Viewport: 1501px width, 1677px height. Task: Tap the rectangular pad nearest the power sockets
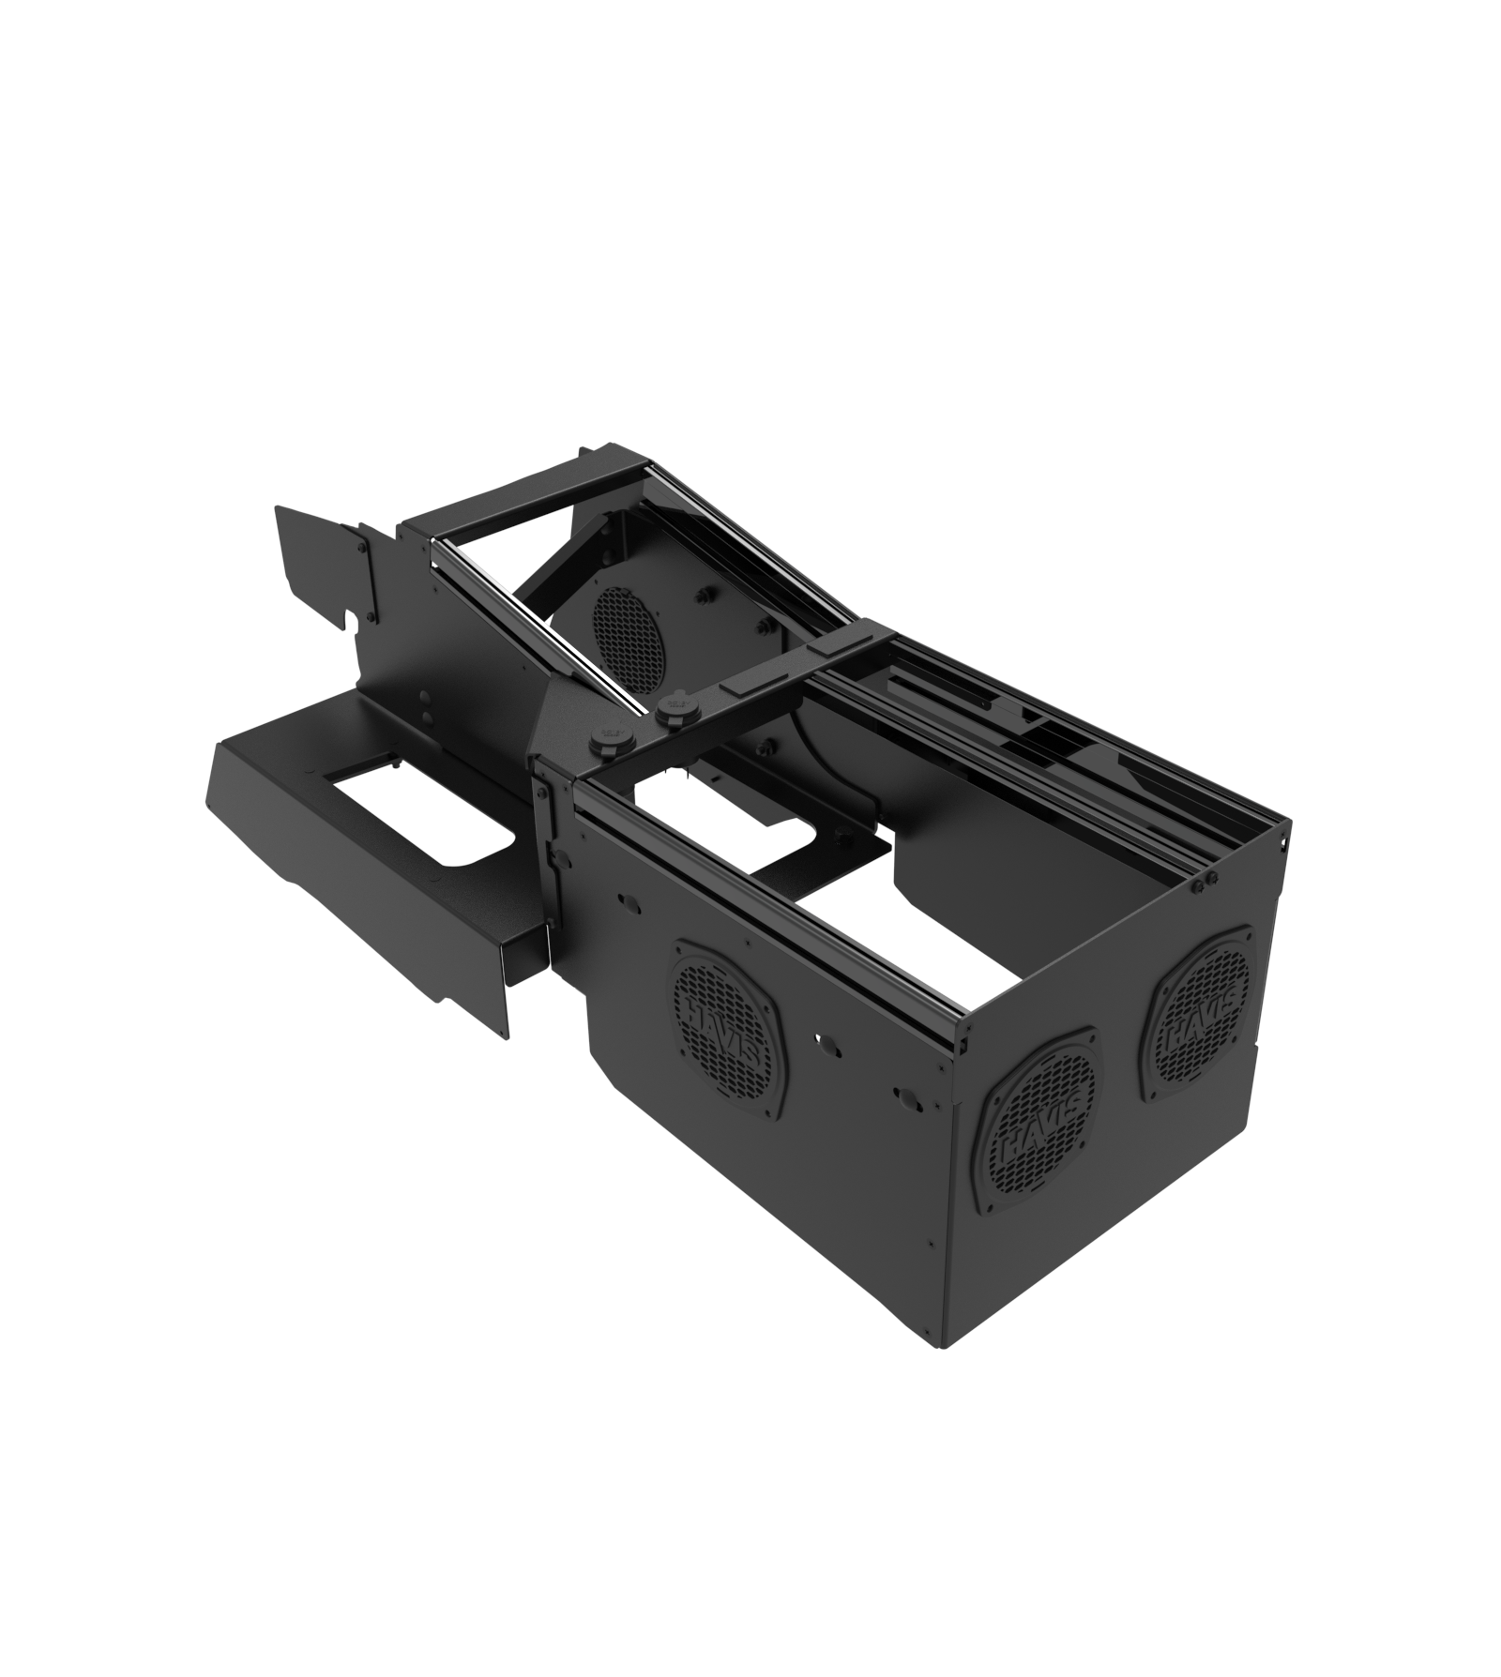tap(744, 687)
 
